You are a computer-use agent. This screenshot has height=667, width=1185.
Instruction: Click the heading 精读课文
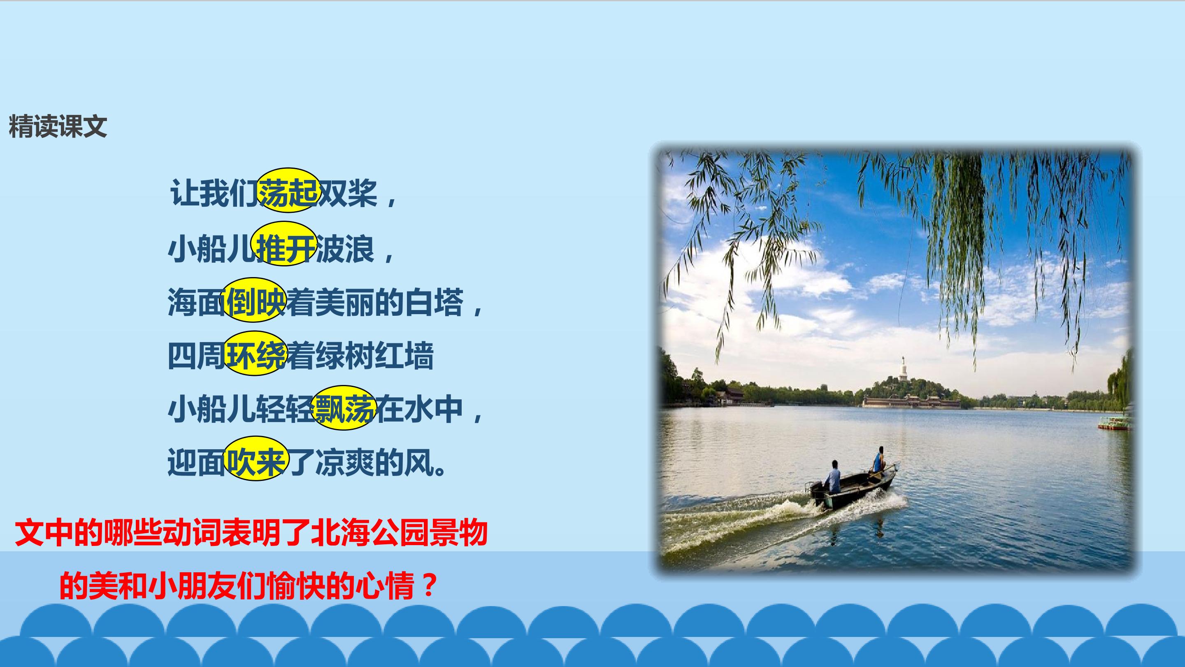pyautogui.click(x=58, y=126)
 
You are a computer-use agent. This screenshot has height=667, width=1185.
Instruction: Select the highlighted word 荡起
pyautogui.click(x=288, y=191)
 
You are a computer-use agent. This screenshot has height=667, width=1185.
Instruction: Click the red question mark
pyautogui.click(x=428, y=585)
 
